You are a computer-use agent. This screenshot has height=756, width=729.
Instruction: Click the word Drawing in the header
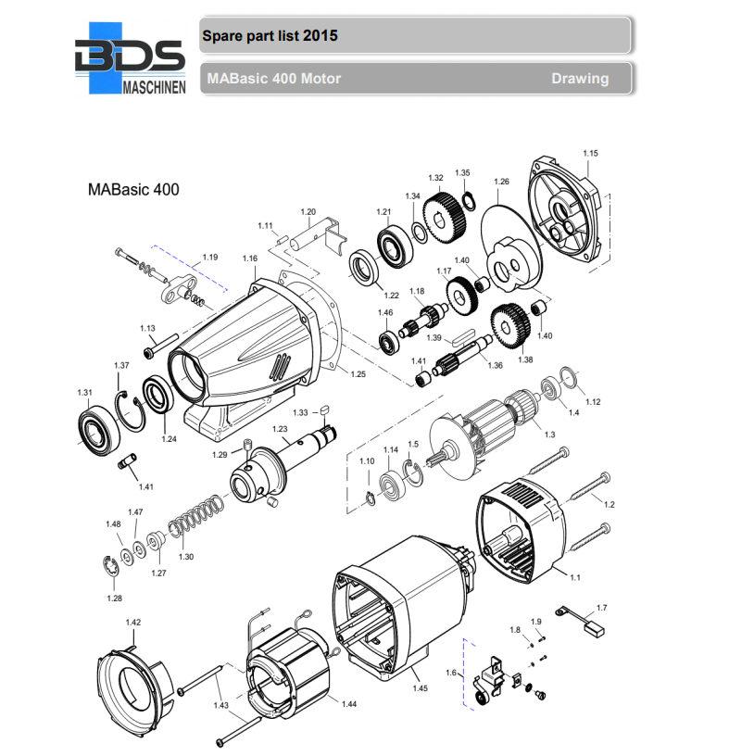click(580, 79)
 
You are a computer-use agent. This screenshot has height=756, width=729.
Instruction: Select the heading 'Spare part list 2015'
click(270, 36)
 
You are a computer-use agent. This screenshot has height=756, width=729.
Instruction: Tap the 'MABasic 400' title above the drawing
click(132, 190)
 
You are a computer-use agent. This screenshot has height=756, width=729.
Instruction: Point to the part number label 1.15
click(590, 153)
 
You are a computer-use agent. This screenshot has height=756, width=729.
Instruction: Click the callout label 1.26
click(501, 182)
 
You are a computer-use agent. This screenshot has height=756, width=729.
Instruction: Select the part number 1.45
click(420, 687)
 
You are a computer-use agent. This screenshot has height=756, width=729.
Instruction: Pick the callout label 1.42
click(132, 622)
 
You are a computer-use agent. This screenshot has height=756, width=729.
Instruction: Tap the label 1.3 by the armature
click(549, 435)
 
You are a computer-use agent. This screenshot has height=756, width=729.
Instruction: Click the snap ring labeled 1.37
click(132, 409)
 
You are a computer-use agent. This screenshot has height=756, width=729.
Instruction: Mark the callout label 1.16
click(249, 258)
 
